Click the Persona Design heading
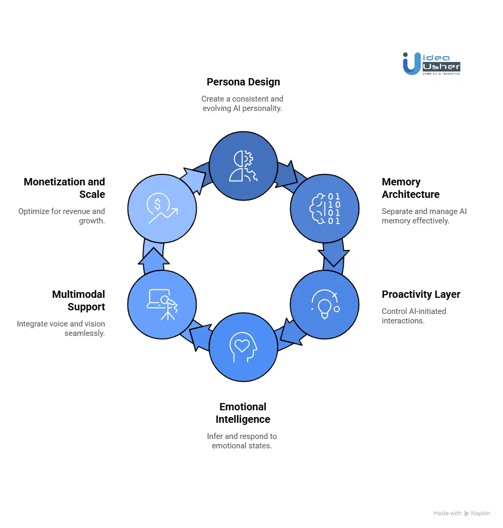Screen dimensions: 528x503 [243, 82]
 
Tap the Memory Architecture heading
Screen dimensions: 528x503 [410, 188]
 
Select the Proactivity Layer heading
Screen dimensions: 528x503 [421, 294]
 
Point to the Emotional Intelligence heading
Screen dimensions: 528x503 [243, 413]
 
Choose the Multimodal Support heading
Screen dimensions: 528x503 [79, 300]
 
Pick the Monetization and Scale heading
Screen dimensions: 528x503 [65, 188]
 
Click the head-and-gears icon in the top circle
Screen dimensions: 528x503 [243, 166]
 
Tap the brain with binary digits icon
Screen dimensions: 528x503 [325, 209]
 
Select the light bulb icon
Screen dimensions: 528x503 [325, 304]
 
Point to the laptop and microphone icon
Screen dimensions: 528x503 [162, 304]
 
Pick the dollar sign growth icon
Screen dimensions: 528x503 [162, 209]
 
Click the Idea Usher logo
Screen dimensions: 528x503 [431, 63]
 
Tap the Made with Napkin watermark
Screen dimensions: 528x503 [461, 513]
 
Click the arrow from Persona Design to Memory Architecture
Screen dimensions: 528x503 [287, 175]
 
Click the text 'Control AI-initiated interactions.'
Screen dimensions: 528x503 [414, 316]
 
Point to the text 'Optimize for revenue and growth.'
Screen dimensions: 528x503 [62, 216]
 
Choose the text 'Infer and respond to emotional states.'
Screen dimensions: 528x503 [242, 441]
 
